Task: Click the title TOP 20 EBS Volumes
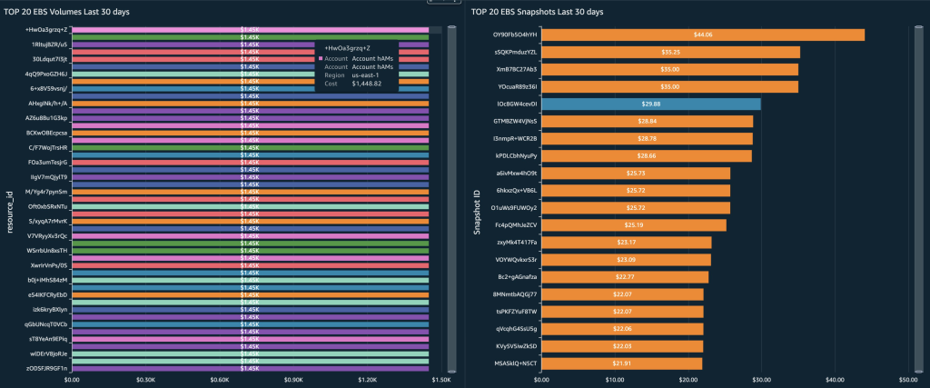(x=64, y=12)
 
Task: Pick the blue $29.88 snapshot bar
(x=651, y=104)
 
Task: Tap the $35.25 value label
(x=671, y=52)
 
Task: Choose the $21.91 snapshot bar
(x=621, y=363)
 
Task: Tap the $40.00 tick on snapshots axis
(x=835, y=380)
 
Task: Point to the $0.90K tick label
(x=292, y=380)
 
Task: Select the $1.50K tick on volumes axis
(x=440, y=380)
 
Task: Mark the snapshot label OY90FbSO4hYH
(x=515, y=35)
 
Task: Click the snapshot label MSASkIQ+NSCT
(x=515, y=363)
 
